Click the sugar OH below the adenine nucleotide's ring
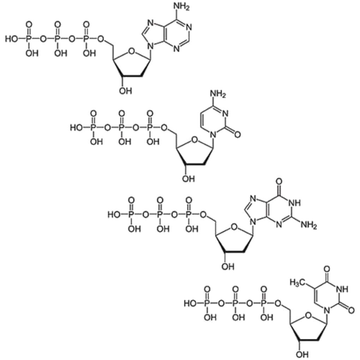coord(124,91)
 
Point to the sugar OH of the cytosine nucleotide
coord(188,179)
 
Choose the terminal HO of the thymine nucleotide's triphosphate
coord(190,303)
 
